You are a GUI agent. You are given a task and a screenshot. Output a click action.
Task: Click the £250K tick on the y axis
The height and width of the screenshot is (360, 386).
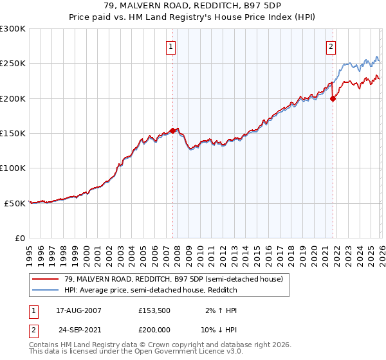13,64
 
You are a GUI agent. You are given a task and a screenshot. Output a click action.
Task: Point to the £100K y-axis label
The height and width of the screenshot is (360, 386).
13,168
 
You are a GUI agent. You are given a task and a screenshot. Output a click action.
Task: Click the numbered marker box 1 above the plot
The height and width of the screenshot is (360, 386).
172,46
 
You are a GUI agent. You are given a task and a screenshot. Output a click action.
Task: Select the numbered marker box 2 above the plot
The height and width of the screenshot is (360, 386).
331,46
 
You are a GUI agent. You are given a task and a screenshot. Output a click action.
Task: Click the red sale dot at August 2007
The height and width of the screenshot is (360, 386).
172,130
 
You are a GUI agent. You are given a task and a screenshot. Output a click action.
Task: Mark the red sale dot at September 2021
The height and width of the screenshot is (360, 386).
333,98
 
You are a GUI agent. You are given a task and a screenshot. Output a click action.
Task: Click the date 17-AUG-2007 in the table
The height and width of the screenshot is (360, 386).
78,310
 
